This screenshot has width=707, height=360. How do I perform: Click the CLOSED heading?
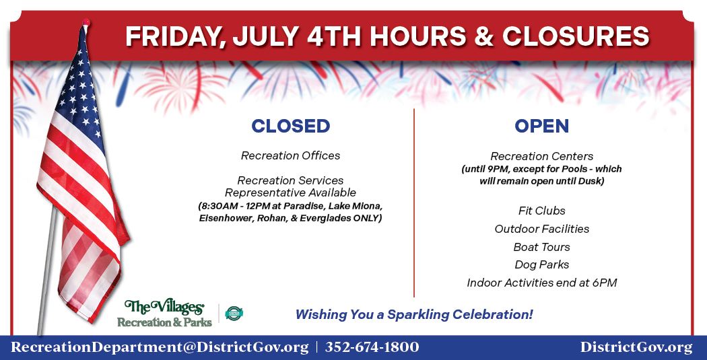click(x=290, y=126)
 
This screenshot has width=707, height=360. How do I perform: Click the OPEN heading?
click(x=541, y=126)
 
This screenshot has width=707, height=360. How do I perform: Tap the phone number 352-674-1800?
click(x=372, y=347)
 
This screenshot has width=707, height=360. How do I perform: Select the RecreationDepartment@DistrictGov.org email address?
click(x=160, y=348)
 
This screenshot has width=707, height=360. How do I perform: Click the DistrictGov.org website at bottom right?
click(x=636, y=348)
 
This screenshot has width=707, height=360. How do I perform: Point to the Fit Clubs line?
click(x=541, y=211)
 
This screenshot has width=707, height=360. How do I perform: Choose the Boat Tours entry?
click(x=541, y=247)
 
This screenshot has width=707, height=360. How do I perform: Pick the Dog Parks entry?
click(x=541, y=264)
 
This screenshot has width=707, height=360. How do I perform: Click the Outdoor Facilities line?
click(x=541, y=229)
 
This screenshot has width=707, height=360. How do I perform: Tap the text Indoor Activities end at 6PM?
click(x=541, y=283)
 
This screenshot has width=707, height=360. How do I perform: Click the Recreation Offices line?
click(x=290, y=156)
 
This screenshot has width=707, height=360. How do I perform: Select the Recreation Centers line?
click(x=541, y=156)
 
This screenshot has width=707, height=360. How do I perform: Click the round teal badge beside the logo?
click(x=234, y=313)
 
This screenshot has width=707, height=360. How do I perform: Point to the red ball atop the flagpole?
click(x=86, y=22)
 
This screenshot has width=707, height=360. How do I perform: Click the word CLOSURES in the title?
click(x=576, y=36)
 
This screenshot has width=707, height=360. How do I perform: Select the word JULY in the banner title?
click(x=265, y=36)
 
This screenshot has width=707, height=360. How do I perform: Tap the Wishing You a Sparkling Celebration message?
click(x=414, y=314)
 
